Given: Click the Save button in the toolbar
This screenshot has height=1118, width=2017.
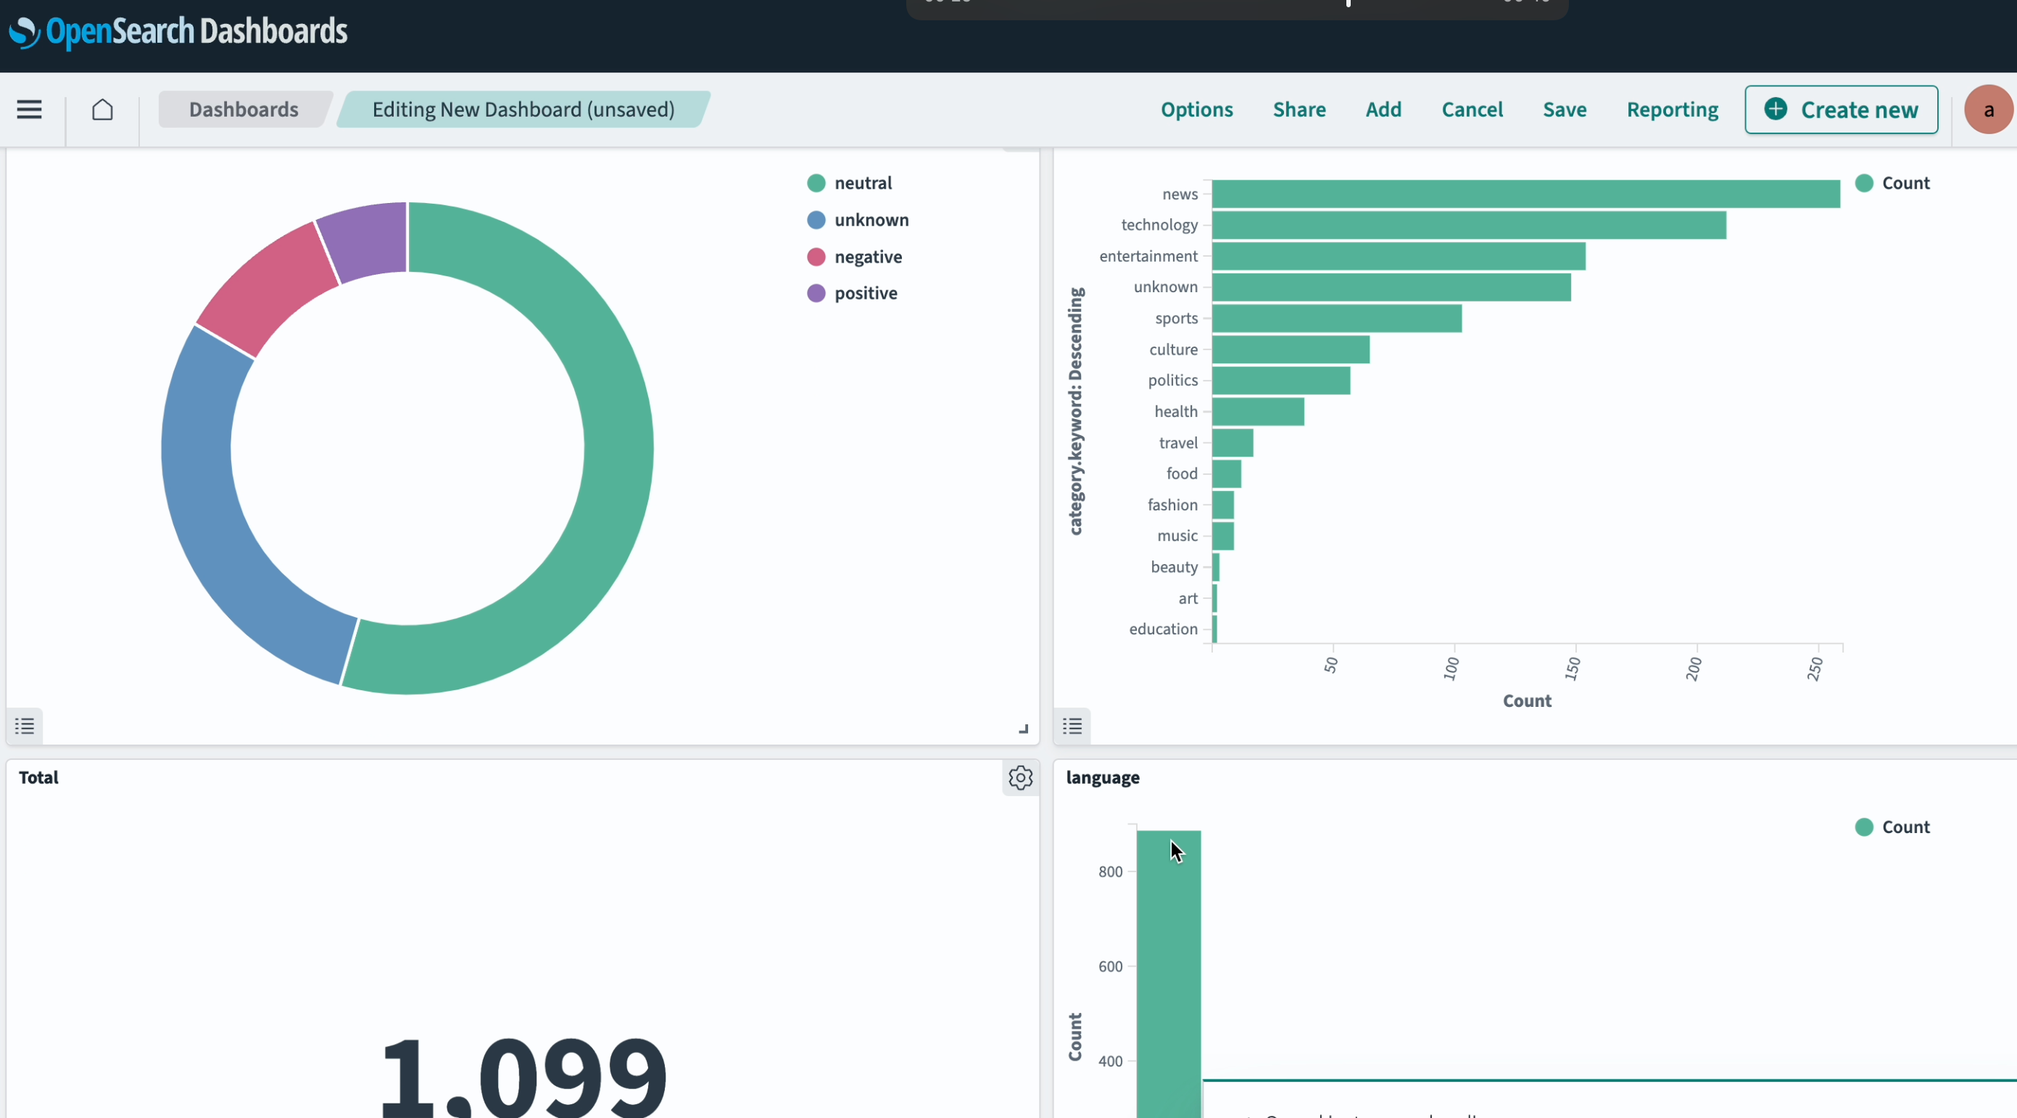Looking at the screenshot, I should pyautogui.click(x=1565, y=109).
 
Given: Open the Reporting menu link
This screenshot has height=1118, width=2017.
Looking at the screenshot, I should pyautogui.click(x=1672, y=109).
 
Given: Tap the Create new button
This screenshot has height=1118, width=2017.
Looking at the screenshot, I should pyautogui.click(x=1841, y=109).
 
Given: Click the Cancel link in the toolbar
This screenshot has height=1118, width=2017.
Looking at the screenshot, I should pyautogui.click(x=1472, y=109).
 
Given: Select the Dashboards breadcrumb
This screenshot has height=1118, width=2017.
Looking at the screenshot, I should pyautogui.click(x=244, y=109).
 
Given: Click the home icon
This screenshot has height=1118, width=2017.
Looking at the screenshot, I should pyautogui.click(x=102, y=109).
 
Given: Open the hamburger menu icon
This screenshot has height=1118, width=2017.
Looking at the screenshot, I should pyautogui.click(x=29, y=109).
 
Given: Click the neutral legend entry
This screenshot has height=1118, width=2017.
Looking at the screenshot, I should pyautogui.click(x=862, y=183).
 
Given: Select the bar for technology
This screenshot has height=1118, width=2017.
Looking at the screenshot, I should pyautogui.click(x=1468, y=225).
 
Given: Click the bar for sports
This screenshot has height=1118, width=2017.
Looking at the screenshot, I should pyautogui.click(x=1335, y=318).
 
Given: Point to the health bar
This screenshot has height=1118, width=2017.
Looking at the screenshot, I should pyautogui.click(x=1257, y=412).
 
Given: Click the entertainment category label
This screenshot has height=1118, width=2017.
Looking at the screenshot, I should pyautogui.click(x=1148, y=256).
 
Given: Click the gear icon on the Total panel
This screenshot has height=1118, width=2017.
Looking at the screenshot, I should pyautogui.click(x=1020, y=777).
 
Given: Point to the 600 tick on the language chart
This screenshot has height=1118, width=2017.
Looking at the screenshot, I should pyautogui.click(x=1110, y=966).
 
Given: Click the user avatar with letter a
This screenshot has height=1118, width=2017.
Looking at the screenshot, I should pyautogui.click(x=1988, y=109).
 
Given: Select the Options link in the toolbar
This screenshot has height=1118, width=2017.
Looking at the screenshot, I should pyautogui.click(x=1196, y=109).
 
